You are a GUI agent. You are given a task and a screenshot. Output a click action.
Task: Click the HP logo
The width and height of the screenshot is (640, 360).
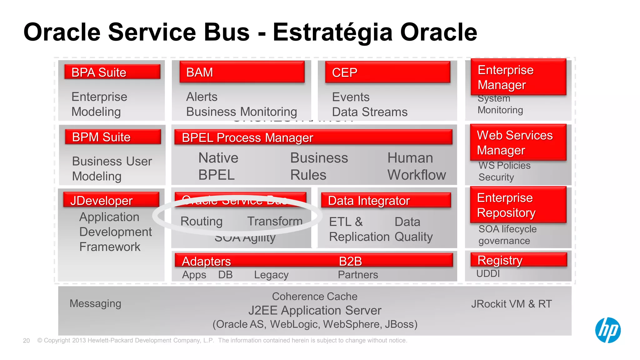(x=607, y=330)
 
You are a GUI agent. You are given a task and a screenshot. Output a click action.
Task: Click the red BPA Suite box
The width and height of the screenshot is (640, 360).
(x=112, y=72)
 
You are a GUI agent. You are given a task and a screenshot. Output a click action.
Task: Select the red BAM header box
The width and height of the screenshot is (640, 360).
(x=242, y=72)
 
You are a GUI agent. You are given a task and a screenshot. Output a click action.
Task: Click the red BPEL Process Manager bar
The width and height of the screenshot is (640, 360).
(x=313, y=137)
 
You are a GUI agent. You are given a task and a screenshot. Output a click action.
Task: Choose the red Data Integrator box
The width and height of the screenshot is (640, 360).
(x=386, y=201)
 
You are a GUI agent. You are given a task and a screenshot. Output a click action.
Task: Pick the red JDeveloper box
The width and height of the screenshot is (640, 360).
(x=111, y=200)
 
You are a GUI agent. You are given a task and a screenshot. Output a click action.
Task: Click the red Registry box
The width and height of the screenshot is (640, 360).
(x=518, y=260)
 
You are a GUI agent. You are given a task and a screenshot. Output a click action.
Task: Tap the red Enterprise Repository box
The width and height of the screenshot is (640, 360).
(x=518, y=205)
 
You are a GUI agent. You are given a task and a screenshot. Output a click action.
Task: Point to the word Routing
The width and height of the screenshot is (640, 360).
(x=201, y=221)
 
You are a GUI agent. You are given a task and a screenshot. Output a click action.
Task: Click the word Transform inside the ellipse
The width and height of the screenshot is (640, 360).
(x=275, y=221)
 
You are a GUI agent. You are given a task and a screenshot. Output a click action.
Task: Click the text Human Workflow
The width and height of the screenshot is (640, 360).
(x=416, y=166)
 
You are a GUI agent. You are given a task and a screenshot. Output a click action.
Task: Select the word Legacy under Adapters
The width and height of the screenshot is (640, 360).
(x=271, y=275)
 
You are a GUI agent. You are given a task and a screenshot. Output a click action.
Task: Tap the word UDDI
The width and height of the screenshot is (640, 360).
(x=488, y=274)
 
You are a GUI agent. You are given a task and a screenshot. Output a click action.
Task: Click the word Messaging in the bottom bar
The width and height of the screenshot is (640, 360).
(x=95, y=303)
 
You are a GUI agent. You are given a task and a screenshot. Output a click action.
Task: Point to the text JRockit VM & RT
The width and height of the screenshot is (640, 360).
(x=512, y=304)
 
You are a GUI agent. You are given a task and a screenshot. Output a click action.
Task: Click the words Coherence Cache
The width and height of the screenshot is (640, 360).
(x=314, y=296)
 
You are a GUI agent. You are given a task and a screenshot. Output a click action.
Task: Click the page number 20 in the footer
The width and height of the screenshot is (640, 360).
(x=26, y=341)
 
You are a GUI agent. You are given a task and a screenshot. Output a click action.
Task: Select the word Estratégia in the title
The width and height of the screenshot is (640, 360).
(x=332, y=32)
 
